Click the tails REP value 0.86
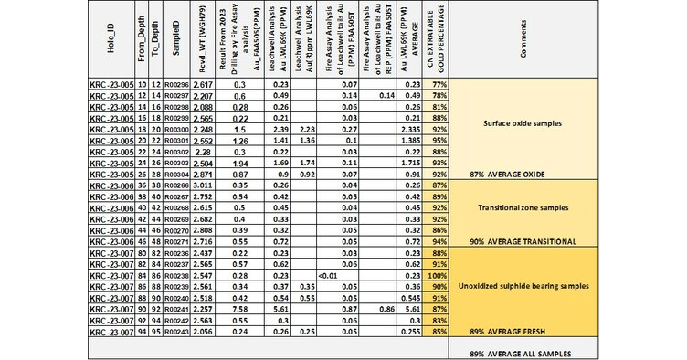pos(384,310)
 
